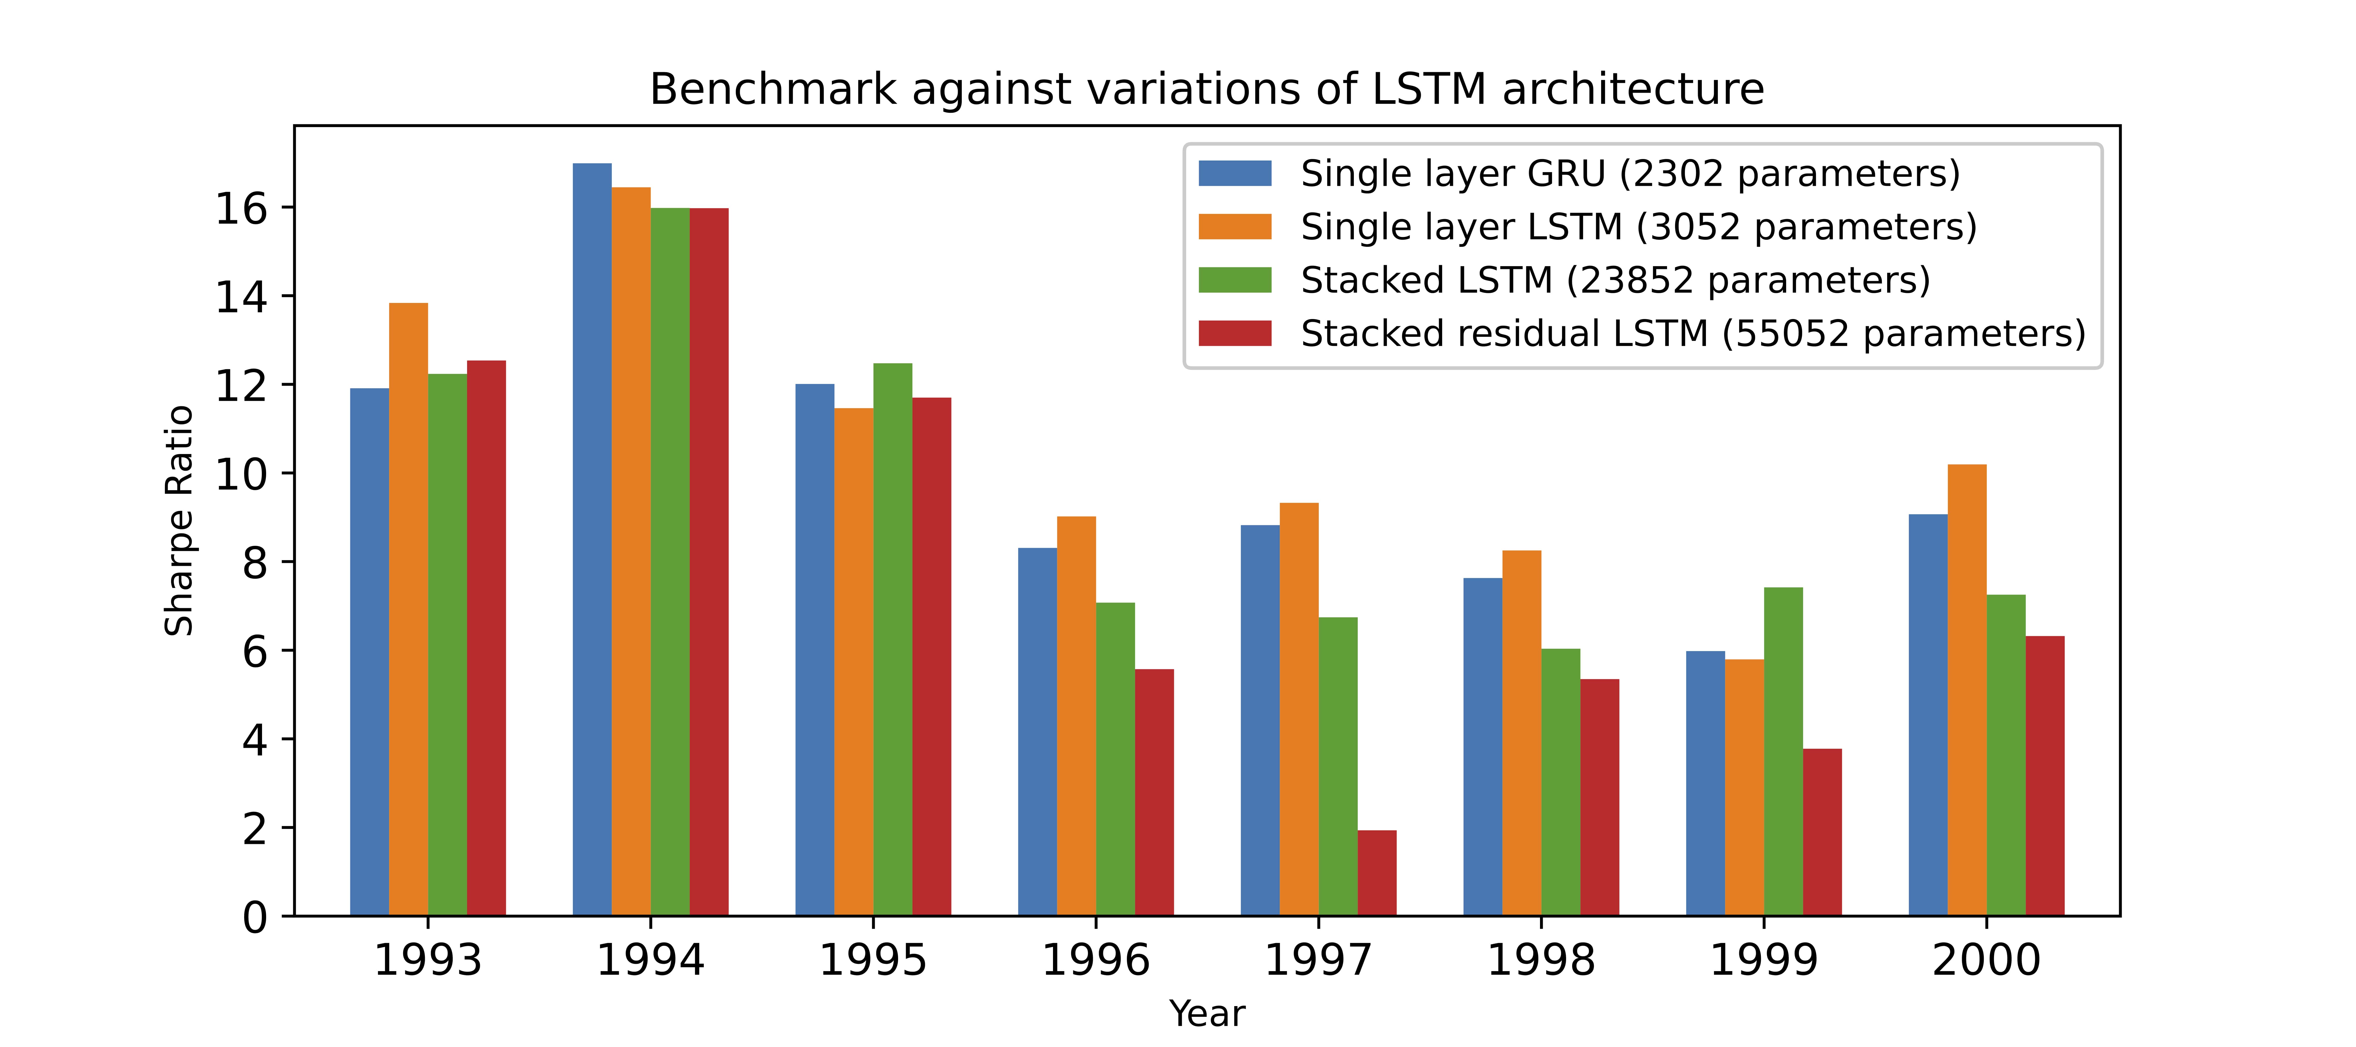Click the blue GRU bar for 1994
592,540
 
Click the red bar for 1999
1822,832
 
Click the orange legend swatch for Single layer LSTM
1235,227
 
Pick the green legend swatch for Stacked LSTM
1235,280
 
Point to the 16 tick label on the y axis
241,209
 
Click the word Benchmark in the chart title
773,90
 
